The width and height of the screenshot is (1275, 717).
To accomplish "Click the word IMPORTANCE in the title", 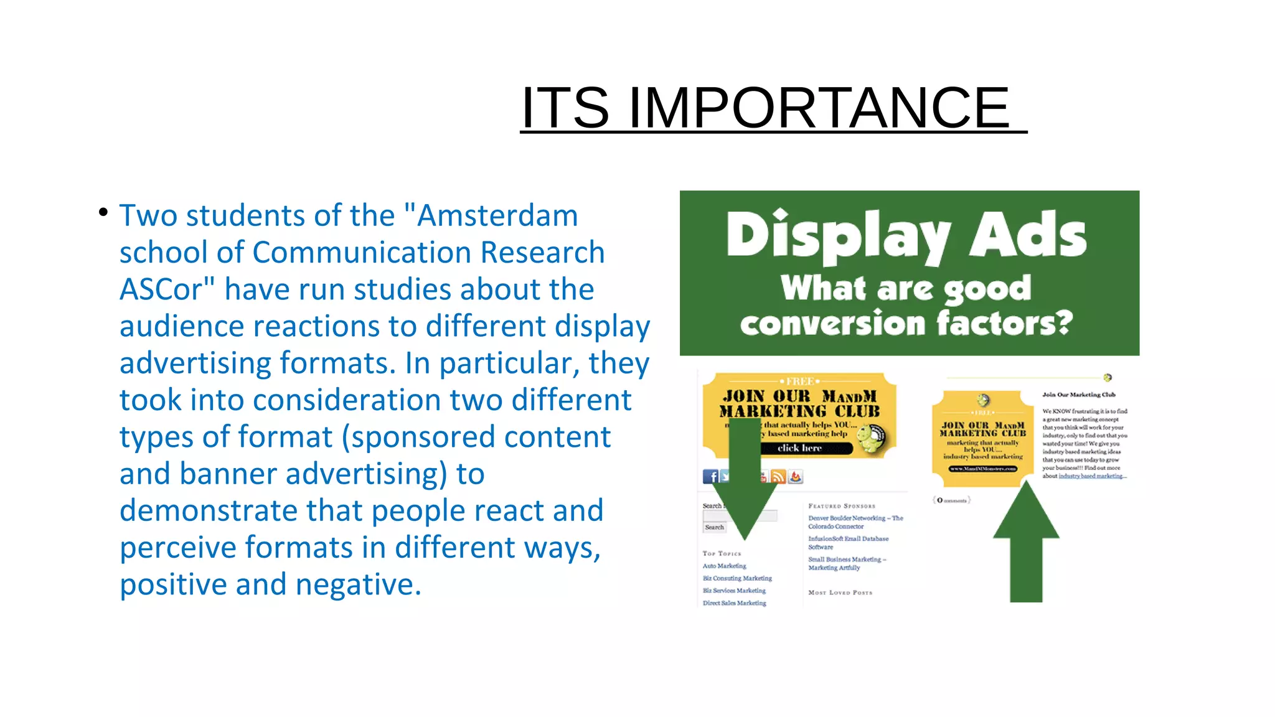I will [819, 108].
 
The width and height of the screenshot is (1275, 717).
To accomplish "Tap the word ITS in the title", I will [565, 108].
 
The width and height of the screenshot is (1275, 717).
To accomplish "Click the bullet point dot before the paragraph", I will [103, 213].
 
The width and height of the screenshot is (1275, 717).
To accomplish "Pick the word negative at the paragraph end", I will [357, 584].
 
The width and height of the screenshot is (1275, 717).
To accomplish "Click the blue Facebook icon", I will [710, 477].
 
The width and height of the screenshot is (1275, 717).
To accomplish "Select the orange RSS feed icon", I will [778, 477].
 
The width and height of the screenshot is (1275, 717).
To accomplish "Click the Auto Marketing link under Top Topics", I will [724, 566].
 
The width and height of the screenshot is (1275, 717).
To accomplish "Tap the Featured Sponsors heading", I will [842, 506].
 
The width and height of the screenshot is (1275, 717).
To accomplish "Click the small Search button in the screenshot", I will [714, 527].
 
